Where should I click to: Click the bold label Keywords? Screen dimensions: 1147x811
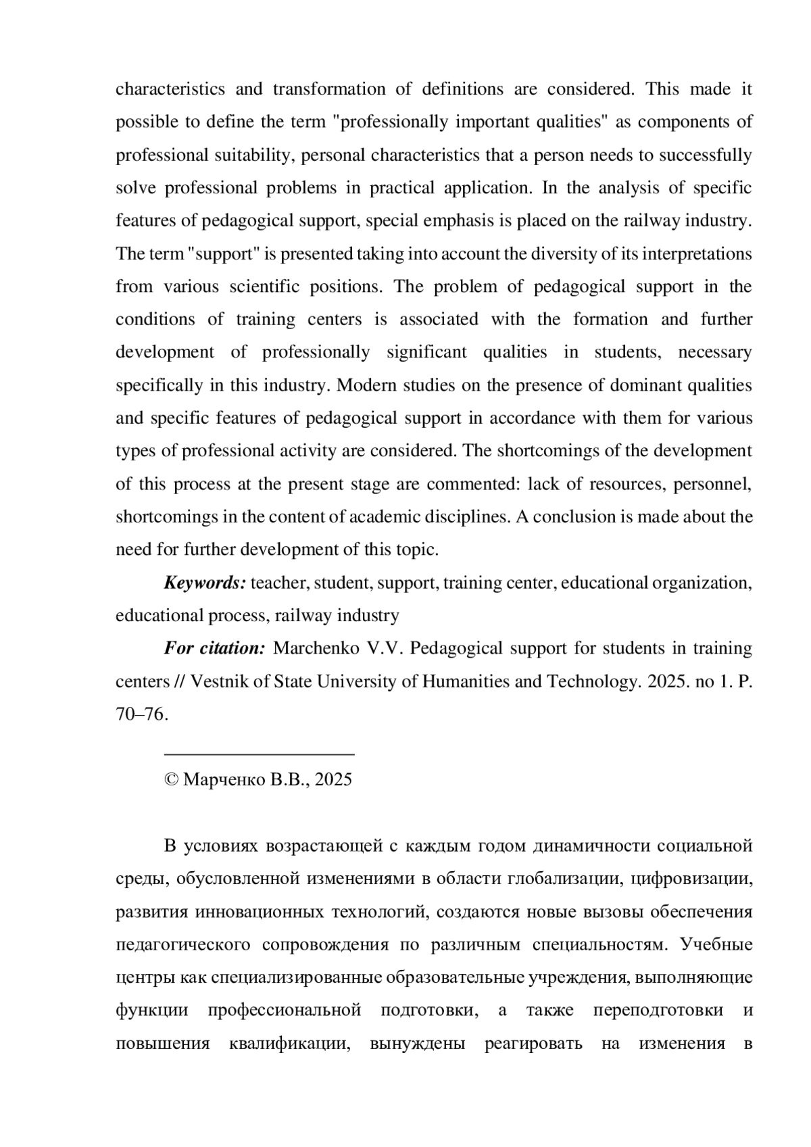click(205, 583)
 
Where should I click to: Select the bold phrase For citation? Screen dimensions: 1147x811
click(214, 648)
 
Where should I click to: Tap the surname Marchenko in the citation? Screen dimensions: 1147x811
click(316, 648)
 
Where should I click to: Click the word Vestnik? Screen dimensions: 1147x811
click(219, 681)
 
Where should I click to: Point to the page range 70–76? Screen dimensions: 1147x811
click(141, 714)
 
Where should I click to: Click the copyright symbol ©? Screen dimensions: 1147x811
click(171, 780)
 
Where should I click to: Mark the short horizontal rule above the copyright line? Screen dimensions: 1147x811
click(260, 753)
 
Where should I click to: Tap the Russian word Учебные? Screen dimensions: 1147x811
click(716, 945)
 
